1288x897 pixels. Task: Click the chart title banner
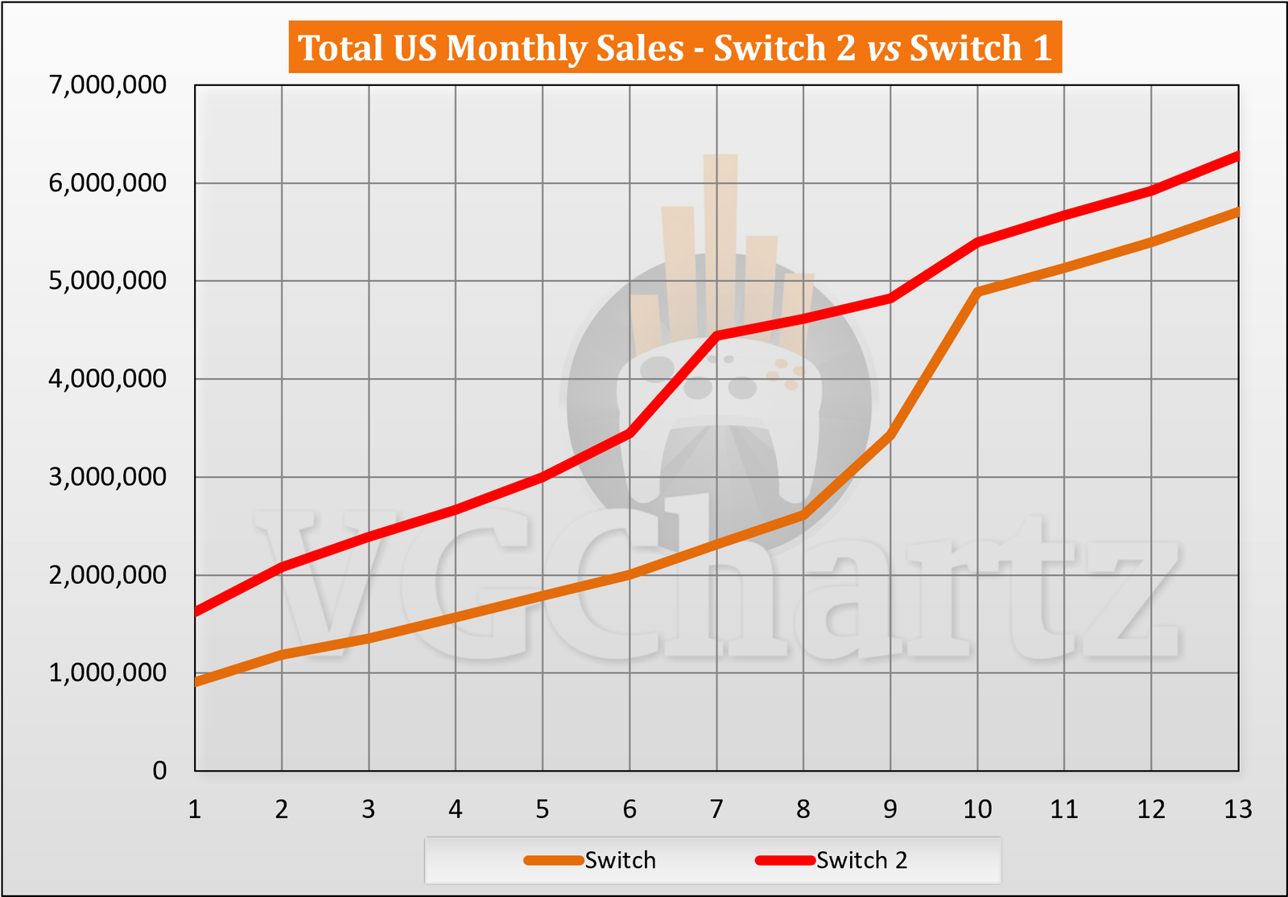(675, 47)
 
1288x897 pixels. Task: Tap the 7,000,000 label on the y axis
(108, 85)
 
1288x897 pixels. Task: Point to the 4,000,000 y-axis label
(108, 379)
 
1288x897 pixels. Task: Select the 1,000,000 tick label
(108, 673)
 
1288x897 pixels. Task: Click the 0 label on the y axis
(159, 771)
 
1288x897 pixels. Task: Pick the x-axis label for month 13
(1238, 809)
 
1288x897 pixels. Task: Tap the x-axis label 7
(716, 809)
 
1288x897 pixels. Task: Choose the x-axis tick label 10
(977, 809)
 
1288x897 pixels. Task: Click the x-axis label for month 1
(195, 809)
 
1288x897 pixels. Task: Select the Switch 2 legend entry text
(861, 860)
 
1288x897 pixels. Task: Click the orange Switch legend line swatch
(554, 860)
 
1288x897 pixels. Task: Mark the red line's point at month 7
(716, 335)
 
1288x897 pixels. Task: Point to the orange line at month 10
(977, 291)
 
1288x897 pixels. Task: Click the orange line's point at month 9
(890, 434)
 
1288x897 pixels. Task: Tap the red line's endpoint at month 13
(1237, 156)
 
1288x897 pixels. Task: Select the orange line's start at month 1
(196, 682)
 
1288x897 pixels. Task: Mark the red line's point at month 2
(282, 567)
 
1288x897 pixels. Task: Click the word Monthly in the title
(564, 48)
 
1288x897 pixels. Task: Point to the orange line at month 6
(630, 574)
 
